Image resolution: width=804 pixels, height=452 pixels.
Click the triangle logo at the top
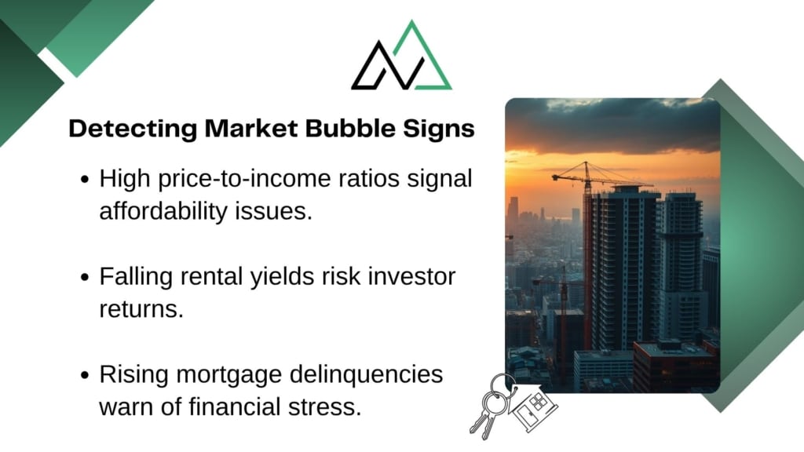coord(401,56)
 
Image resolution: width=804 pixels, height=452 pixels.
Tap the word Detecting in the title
coord(133,129)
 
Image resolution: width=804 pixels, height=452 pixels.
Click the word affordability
coord(163,211)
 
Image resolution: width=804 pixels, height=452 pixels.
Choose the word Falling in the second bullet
coord(136,277)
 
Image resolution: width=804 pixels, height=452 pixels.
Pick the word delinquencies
coord(366,374)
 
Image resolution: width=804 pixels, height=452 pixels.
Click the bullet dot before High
coord(85,180)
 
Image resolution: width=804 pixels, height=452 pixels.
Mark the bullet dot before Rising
coord(85,375)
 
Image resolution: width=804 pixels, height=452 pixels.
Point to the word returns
coord(141,309)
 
